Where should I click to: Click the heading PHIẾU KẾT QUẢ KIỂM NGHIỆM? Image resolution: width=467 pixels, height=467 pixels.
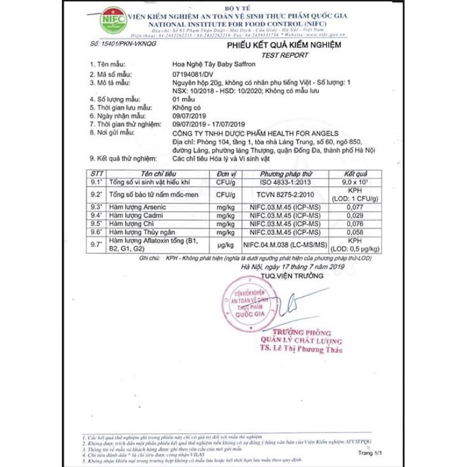284,44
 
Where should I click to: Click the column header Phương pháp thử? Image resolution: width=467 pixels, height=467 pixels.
286,174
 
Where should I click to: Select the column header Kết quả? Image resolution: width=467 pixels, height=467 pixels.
356,174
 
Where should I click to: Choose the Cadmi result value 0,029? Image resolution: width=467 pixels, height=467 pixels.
356,215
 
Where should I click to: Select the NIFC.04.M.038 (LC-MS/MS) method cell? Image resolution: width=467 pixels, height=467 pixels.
286,245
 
